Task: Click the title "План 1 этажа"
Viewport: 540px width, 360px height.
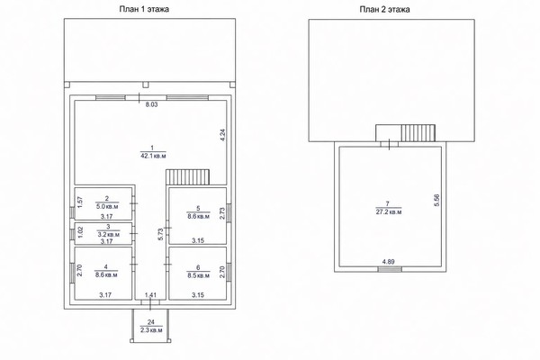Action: point(144,9)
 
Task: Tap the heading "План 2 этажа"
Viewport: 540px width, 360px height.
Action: point(384,9)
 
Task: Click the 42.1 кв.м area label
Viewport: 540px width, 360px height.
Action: point(153,156)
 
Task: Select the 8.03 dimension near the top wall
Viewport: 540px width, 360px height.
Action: point(151,104)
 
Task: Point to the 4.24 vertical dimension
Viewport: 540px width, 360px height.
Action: point(222,135)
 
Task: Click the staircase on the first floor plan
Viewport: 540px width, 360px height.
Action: point(188,177)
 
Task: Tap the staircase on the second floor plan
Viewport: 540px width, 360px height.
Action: point(418,133)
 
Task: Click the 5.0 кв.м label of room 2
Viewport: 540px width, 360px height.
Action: point(107,207)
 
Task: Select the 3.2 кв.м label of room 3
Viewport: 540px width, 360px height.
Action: point(108,235)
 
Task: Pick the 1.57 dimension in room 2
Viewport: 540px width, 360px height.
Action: point(79,202)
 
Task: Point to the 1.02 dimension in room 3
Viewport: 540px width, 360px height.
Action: point(81,231)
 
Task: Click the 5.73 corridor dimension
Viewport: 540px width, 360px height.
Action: point(160,234)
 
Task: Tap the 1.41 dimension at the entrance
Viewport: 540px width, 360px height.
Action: point(150,294)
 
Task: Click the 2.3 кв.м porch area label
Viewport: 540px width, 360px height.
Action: point(151,330)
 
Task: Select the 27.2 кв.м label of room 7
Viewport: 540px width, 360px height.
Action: point(389,211)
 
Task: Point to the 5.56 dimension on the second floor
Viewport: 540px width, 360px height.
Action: point(436,200)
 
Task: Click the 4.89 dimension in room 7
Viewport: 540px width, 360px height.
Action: point(389,262)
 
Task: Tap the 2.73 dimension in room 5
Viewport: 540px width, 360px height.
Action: point(222,213)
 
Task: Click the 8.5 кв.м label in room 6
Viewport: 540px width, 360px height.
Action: point(198,275)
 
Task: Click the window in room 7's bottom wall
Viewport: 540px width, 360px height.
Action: point(390,269)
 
